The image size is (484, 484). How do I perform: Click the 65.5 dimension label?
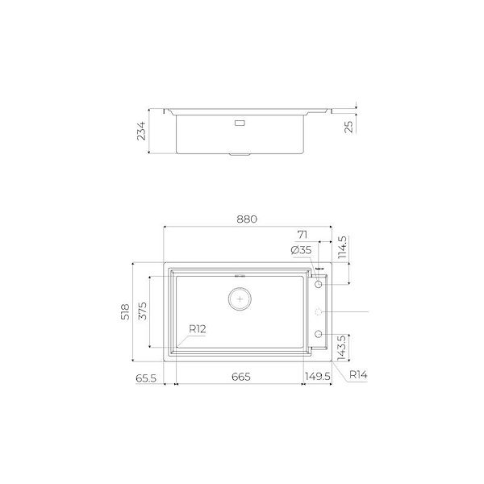(x=145, y=377)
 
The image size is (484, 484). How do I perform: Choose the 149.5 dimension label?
(x=319, y=377)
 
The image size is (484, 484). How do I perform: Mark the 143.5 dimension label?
(x=341, y=347)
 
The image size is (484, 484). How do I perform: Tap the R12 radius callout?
(x=198, y=329)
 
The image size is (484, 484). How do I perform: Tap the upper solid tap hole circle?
(x=319, y=285)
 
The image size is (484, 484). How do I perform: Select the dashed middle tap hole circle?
(x=319, y=311)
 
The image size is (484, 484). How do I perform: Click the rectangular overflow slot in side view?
(x=240, y=123)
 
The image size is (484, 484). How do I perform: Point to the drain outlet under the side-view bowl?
(x=240, y=152)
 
